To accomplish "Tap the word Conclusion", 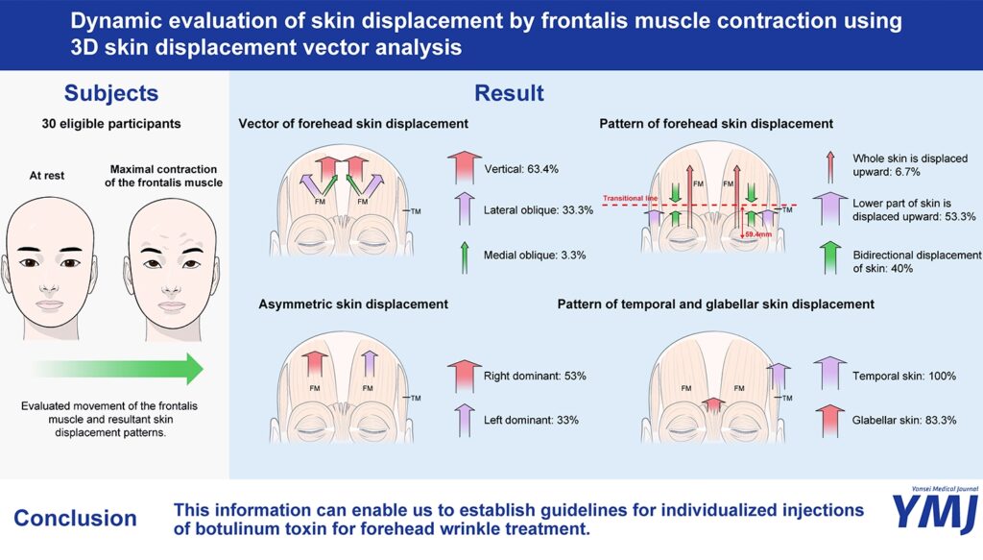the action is tap(75, 518).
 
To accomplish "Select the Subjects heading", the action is tap(111, 93).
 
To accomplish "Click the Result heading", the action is tap(509, 93).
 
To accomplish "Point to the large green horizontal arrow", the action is tap(118, 369).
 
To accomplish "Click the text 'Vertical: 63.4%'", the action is tap(521, 169).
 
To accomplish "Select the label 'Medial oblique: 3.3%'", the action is tap(535, 256).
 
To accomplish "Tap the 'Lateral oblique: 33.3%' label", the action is tap(538, 210).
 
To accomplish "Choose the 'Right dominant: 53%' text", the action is tap(535, 377).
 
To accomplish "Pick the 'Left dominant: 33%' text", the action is tap(531, 420).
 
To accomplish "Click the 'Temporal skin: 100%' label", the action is tap(904, 377).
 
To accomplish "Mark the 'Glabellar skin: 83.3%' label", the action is tap(904, 420).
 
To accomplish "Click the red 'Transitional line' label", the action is tap(630, 198).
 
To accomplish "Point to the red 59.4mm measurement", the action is tap(758, 234).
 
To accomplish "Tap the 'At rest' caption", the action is tap(47, 176).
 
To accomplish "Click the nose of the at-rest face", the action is tap(50, 288).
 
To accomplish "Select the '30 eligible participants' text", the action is tap(111, 124).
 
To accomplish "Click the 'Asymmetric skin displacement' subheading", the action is tap(353, 304).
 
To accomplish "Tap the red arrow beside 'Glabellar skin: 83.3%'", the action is tap(829, 420).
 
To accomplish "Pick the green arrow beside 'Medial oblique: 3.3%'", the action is tap(465, 257).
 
